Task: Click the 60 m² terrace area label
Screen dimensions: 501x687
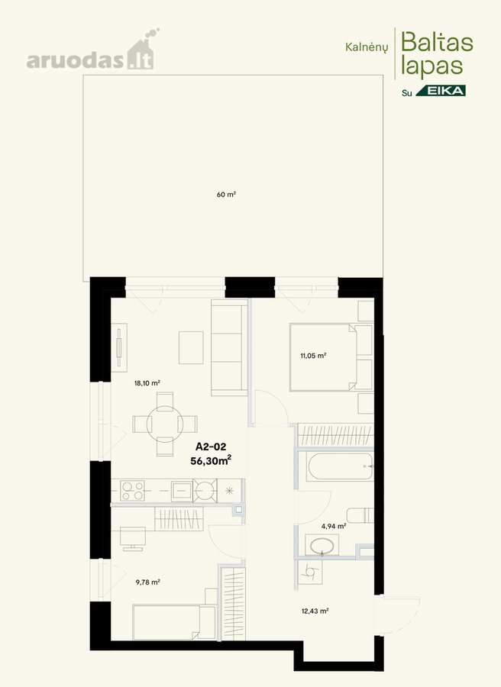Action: pyautogui.click(x=226, y=194)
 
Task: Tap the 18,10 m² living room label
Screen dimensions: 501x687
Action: pyautogui.click(x=147, y=383)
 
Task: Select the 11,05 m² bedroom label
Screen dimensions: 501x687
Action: pyautogui.click(x=313, y=356)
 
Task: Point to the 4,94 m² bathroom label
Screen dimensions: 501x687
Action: pyautogui.click(x=334, y=526)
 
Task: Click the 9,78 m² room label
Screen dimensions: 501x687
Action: pyautogui.click(x=147, y=582)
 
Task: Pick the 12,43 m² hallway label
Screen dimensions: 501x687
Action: pyautogui.click(x=315, y=611)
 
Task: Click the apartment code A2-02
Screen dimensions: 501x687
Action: pyautogui.click(x=211, y=447)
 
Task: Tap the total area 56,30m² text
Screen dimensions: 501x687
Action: pyautogui.click(x=211, y=460)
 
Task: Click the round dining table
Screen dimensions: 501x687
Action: pyautogui.click(x=165, y=424)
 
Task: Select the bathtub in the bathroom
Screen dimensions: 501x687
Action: pyautogui.click(x=341, y=466)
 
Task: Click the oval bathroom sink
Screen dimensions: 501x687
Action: pyautogui.click(x=322, y=546)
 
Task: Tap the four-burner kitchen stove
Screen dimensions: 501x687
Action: pyautogui.click(x=133, y=491)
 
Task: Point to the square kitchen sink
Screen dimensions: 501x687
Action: pyautogui.click(x=181, y=491)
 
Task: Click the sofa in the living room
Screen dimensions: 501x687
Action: pyautogui.click(x=230, y=347)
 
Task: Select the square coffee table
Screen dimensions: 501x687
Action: pyautogui.click(x=191, y=347)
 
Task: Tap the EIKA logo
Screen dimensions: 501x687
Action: pyautogui.click(x=441, y=91)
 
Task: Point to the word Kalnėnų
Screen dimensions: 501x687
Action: pyautogui.click(x=367, y=47)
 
